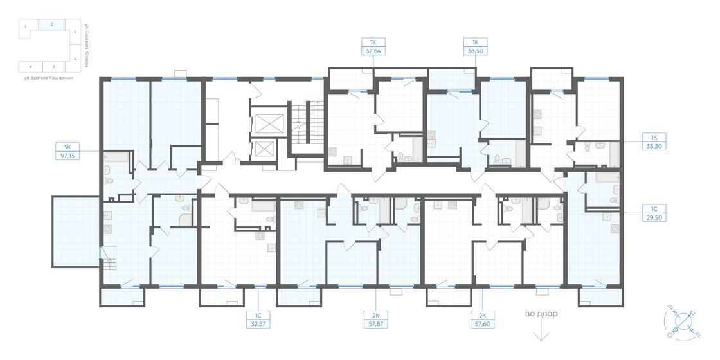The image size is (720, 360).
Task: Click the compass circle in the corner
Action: [684, 321]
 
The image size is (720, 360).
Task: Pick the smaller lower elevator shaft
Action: [265, 149]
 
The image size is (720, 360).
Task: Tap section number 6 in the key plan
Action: [30, 66]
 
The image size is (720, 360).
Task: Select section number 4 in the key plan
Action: [75, 59]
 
